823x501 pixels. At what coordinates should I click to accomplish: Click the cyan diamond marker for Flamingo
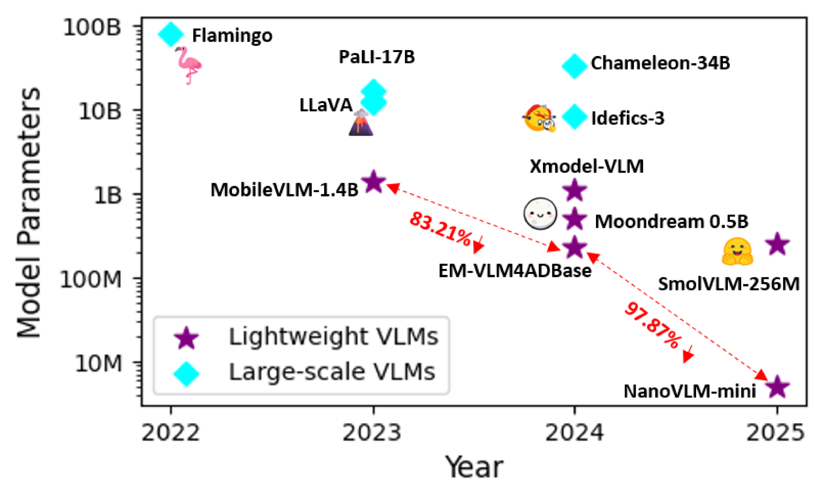pos(170,34)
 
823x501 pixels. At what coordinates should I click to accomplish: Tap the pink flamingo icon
pos(188,65)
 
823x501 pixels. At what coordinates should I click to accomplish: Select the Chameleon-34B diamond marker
pos(574,66)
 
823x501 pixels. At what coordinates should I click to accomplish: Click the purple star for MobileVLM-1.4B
pos(374,182)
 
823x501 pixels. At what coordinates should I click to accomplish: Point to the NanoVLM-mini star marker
pos(777,387)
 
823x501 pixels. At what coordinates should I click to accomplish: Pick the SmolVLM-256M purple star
pos(777,244)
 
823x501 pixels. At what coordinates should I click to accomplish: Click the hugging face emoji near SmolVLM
pos(737,251)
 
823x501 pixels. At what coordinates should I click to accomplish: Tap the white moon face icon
pos(540,214)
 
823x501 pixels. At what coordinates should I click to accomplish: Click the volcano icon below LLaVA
pos(361,123)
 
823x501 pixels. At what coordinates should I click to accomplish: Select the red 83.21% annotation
pos(440,228)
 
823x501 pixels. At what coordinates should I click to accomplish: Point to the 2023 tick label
pos(372,433)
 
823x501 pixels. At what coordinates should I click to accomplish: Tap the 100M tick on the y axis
pos(91,280)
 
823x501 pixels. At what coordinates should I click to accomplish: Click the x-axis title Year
pos(474,467)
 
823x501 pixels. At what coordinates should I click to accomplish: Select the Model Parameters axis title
pos(29,213)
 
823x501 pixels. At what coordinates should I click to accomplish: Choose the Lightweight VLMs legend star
pos(186,338)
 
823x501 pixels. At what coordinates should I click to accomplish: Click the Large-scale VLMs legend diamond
pos(186,374)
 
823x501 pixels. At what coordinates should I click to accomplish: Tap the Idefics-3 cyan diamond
pos(574,117)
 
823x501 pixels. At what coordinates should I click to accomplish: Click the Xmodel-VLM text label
pos(587,166)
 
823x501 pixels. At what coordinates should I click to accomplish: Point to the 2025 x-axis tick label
pos(775,433)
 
